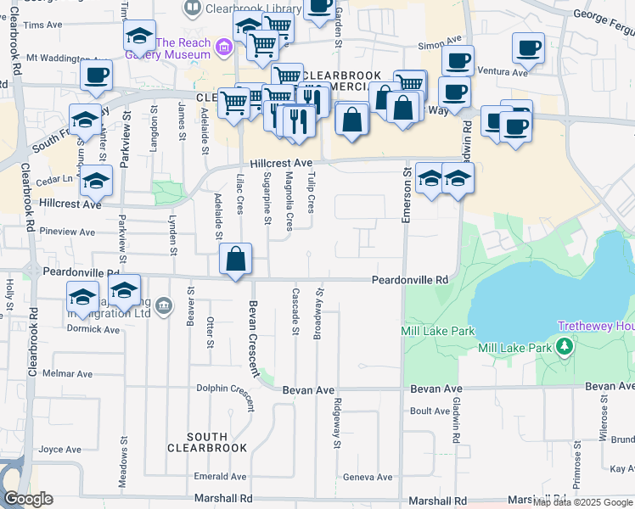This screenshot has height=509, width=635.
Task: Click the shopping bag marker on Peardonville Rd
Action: [237, 260]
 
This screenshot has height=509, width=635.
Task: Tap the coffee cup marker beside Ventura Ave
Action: [528, 48]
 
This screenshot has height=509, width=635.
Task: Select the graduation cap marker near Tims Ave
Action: [139, 36]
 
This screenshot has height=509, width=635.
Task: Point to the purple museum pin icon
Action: [224, 47]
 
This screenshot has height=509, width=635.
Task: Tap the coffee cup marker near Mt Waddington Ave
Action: [96, 75]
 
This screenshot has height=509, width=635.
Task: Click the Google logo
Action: [28, 499]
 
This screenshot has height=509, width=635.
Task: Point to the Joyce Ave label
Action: [60, 450]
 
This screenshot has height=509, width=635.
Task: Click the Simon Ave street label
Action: [438, 39]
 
